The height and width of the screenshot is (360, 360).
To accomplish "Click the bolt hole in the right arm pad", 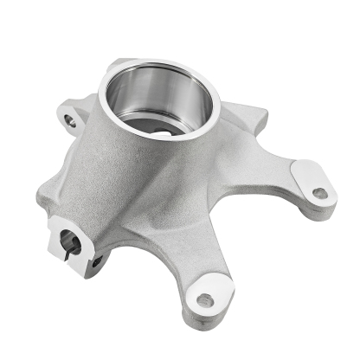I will [319, 192].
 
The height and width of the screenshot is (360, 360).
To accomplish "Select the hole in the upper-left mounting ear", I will [70, 122].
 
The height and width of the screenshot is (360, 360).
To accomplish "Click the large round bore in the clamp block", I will [70, 244].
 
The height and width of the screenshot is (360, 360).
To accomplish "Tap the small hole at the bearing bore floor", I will [164, 133].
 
